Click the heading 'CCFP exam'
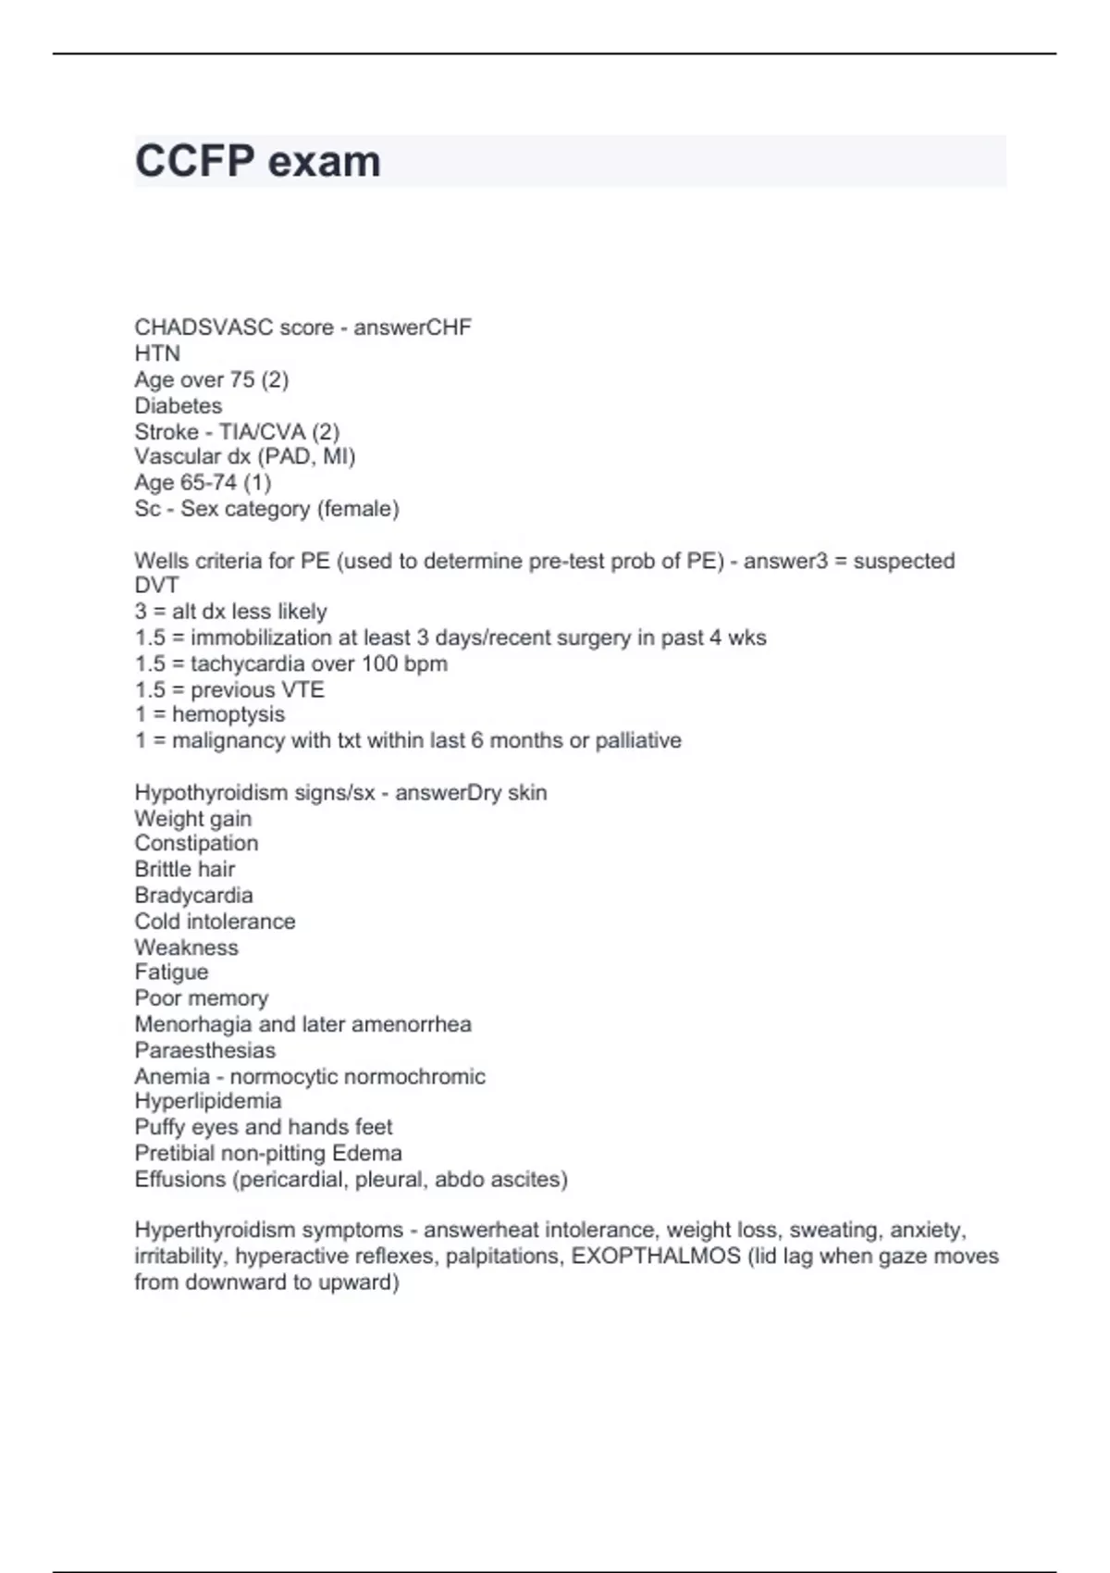click(x=257, y=161)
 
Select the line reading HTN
click(x=157, y=353)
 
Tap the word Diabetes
click(x=179, y=405)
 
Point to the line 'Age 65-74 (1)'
click(x=203, y=482)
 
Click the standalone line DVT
click(x=156, y=586)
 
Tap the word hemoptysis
click(x=228, y=714)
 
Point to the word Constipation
click(x=196, y=843)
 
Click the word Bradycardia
click(x=193, y=895)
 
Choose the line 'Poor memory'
click(x=201, y=997)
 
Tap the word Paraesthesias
click(x=204, y=1050)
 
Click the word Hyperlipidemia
click(x=207, y=1101)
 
